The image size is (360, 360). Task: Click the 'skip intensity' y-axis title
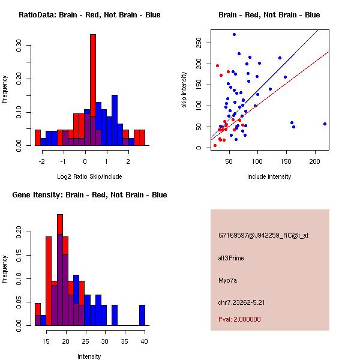pos(185,90)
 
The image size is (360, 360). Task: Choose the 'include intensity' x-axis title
pos(269,176)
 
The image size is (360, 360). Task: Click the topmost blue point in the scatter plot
pos(234,34)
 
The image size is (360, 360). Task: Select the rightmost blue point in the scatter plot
pos(325,124)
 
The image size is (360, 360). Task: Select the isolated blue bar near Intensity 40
pos(142,315)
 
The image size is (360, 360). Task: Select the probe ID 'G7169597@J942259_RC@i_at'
pos(263,236)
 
